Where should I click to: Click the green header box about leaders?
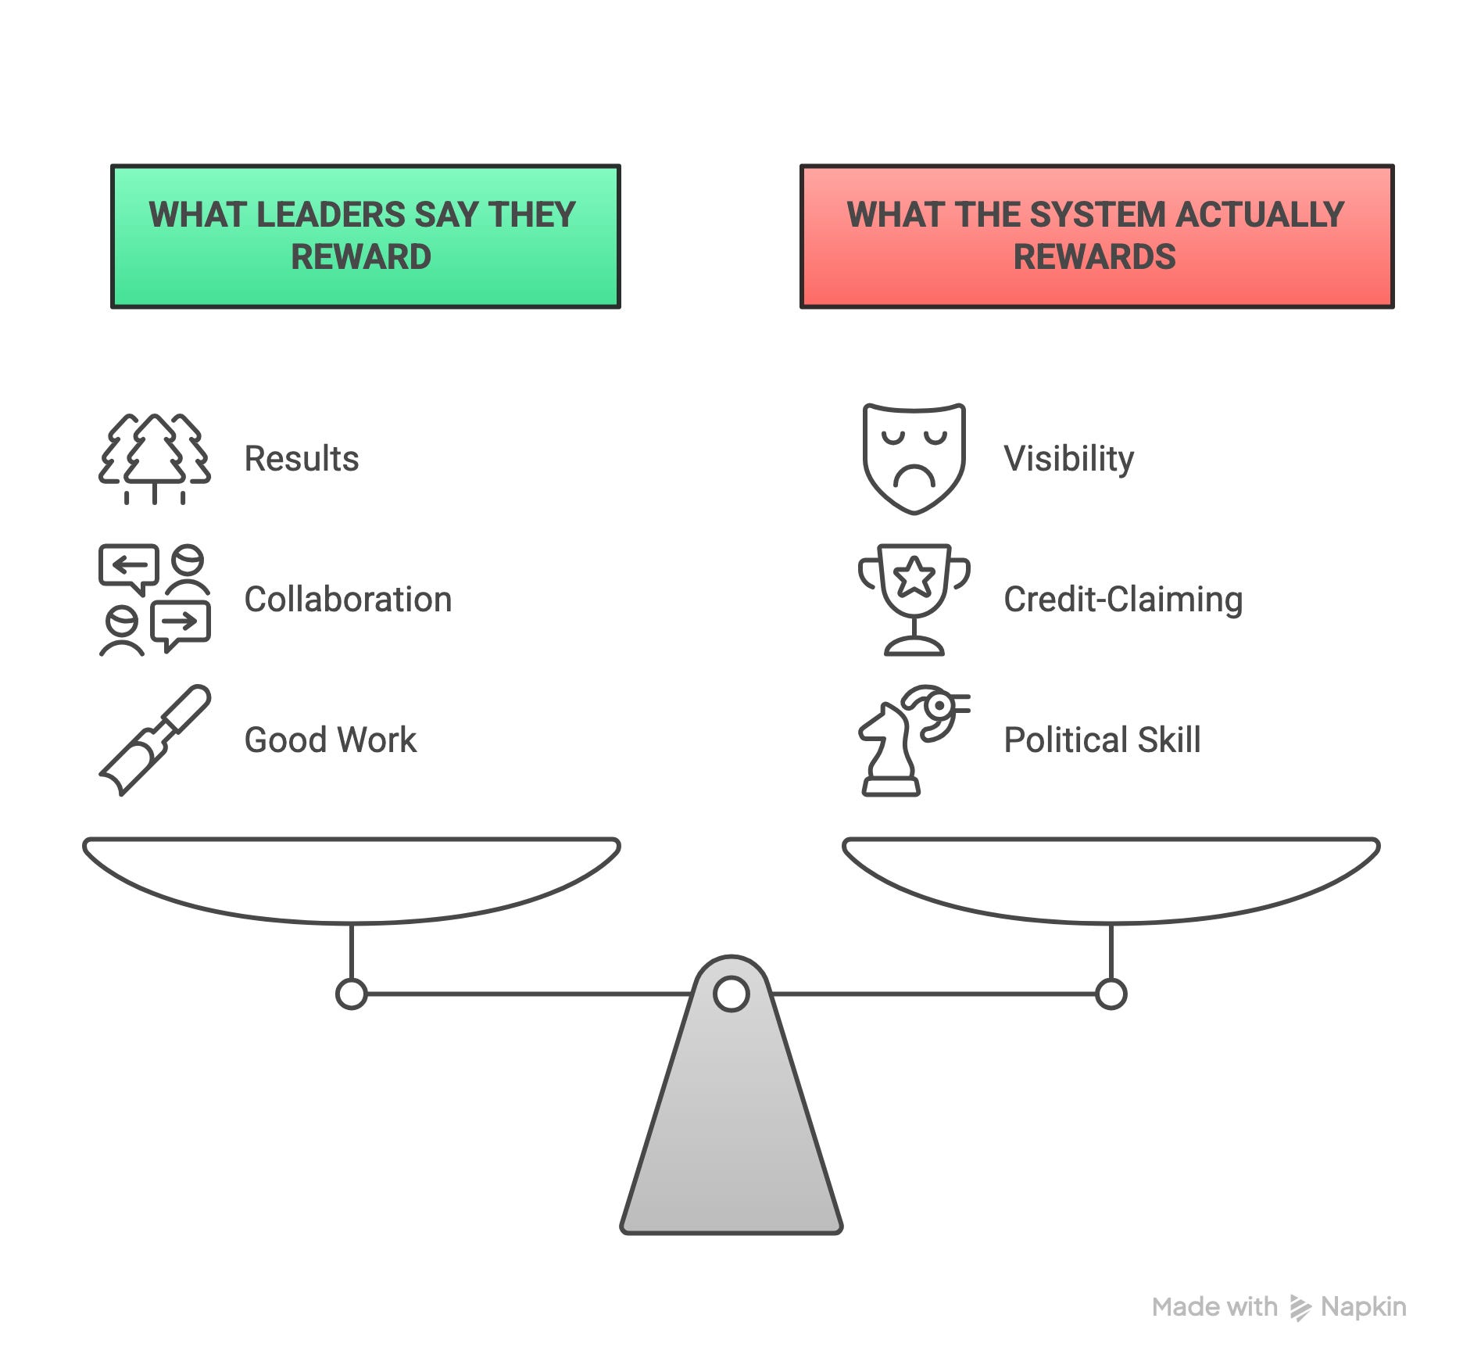(365, 236)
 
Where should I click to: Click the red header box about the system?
(1096, 236)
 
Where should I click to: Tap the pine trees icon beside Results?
(155, 459)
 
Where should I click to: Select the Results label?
(302, 459)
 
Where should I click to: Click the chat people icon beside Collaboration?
(155, 600)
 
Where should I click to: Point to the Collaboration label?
(348, 600)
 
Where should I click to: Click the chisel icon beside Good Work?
(155, 740)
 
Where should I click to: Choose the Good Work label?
(330, 740)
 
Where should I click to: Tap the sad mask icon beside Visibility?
(914, 459)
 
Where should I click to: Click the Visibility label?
(1068, 459)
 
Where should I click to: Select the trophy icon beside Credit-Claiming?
(914, 600)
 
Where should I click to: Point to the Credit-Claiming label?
(1123, 600)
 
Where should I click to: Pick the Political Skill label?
(1102, 740)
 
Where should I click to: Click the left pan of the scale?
(351, 879)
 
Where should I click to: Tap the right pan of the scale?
(1111, 879)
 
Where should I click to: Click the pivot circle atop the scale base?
(731, 994)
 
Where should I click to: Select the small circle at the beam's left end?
(351, 994)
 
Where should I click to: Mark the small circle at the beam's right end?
(1111, 994)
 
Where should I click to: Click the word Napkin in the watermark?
(1363, 1306)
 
